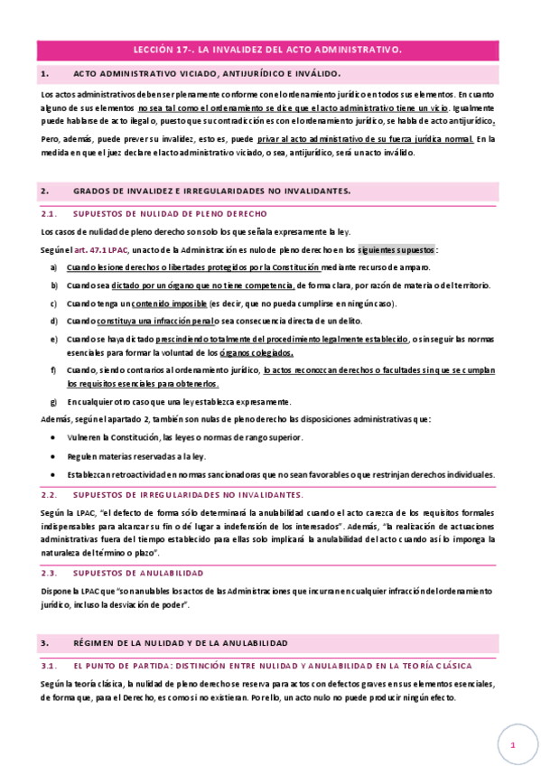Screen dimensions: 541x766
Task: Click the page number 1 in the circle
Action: coord(512,745)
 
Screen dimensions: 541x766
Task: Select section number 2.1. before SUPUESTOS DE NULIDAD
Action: coord(50,214)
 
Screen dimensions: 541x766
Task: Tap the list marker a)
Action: coord(54,266)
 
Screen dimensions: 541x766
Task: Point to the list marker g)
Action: coord(54,401)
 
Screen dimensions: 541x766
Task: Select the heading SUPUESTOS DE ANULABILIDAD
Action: coord(138,573)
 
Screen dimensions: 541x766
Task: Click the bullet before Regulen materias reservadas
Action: coord(55,455)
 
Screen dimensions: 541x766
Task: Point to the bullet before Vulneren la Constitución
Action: coord(55,437)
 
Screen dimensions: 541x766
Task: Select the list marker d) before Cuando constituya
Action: coord(54,321)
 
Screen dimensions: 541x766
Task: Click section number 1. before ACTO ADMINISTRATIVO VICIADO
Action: coord(45,75)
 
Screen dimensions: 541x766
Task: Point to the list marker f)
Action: coord(53,370)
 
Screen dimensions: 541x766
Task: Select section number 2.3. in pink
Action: coord(50,573)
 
